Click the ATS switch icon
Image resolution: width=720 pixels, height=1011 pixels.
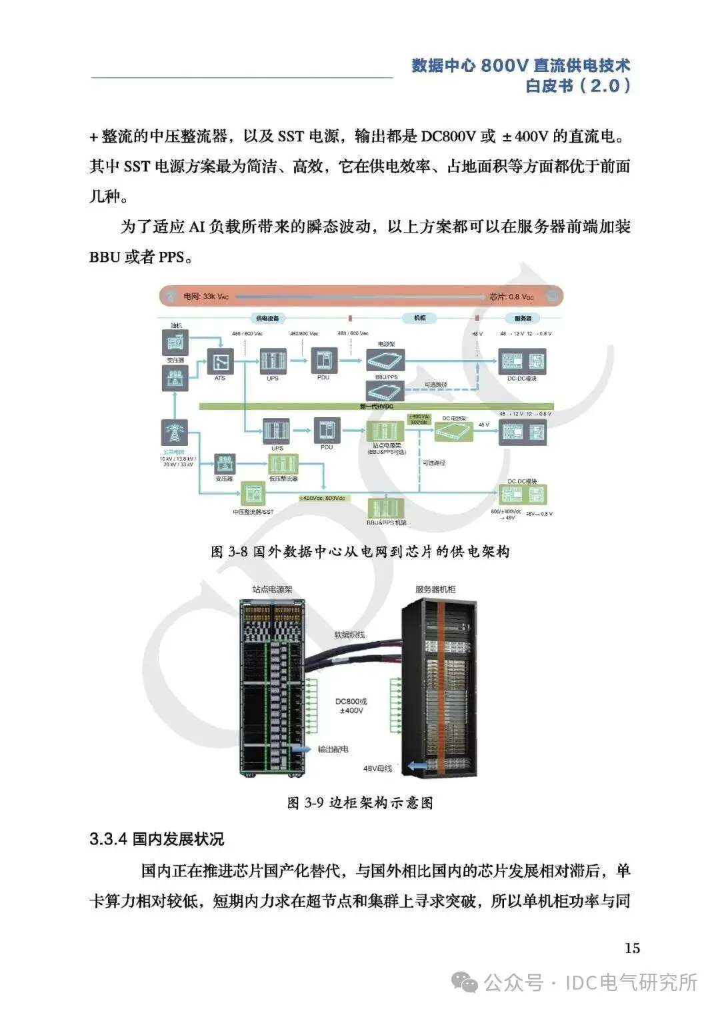coord(220,363)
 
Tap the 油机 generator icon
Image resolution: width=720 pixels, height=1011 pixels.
coord(175,343)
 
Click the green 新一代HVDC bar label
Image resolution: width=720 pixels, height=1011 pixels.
coord(377,406)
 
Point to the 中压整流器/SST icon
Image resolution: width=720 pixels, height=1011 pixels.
coord(253,495)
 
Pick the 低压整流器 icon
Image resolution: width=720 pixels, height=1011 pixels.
coord(283,464)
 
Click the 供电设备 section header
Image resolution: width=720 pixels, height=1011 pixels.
coord(267,319)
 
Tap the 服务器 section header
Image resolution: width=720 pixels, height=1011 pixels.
coord(523,319)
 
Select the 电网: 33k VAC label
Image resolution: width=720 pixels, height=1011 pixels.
coord(206,297)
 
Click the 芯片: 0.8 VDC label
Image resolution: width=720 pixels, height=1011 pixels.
coord(511,297)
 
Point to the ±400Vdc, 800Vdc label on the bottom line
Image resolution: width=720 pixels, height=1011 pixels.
coord(322,499)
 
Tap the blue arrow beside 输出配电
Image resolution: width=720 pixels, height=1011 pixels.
coord(303,749)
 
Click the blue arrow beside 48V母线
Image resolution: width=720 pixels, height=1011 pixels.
coord(417,766)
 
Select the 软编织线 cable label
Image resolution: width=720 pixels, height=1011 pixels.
coord(350,635)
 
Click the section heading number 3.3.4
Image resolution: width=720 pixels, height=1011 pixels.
coord(108,839)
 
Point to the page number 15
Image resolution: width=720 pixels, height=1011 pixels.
coord(632,948)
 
